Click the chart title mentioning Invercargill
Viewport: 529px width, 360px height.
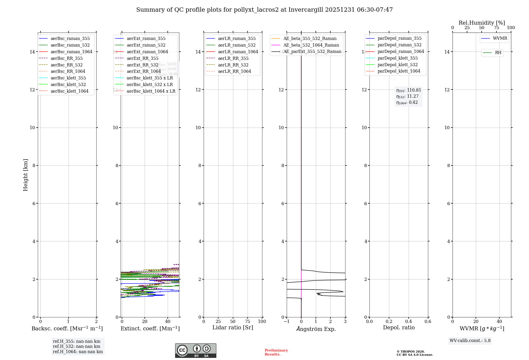tap(264, 10)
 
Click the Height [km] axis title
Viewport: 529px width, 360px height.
tap(25, 175)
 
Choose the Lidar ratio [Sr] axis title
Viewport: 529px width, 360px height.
tap(233, 328)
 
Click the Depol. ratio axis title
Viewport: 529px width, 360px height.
tap(399, 328)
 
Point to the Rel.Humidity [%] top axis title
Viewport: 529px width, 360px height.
tap(482, 23)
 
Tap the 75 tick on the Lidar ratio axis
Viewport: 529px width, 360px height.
tap(248, 322)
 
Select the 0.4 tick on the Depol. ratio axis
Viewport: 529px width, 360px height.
tap(408, 322)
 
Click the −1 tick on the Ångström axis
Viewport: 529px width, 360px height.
tap(286, 322)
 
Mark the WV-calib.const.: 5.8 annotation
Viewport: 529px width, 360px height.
tap(470, 341)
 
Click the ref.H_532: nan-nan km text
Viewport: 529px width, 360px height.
tap(76, 346)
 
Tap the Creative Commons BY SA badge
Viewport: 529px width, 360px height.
tap(195, 350)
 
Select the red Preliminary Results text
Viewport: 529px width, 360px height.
tap(276, 352)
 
